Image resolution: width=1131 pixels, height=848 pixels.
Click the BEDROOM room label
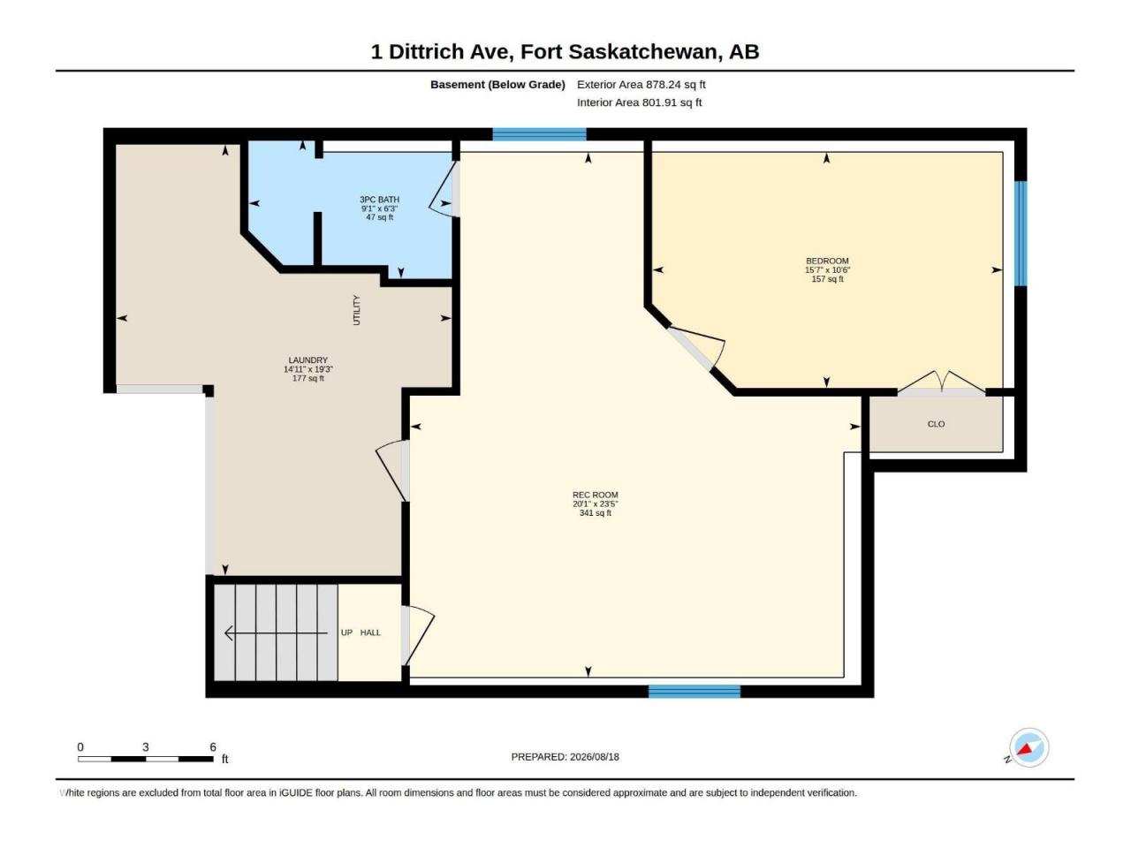(x=826, y=261)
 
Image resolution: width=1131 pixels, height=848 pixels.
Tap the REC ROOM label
(x=595, y=495)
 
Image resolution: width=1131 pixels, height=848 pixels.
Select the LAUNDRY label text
(x=307, y=360)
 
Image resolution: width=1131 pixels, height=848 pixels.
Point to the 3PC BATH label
(x=379, y=200)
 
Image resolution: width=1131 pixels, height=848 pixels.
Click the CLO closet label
(x=936, y=424)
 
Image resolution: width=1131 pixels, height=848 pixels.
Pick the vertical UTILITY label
(x=356, y=310)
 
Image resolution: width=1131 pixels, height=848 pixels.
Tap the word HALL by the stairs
(x=370, y=632)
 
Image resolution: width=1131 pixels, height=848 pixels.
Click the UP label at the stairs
(x=346, y=632)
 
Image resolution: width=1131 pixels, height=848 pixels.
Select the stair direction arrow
(x=276, y=632)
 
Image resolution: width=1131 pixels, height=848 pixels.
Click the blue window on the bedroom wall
(x=1021, y=233)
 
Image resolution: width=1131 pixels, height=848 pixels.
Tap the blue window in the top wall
(x=539, y=134)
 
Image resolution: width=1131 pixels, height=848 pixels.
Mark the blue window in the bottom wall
(x=694, y=692)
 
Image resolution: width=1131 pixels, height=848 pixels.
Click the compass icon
(x=1029, y=747)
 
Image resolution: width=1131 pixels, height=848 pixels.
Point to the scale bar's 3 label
(x=146, y=747)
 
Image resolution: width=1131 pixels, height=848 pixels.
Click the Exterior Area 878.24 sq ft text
(x=641, y=85)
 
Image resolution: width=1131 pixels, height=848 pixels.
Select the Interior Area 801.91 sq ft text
(x=639, y=102)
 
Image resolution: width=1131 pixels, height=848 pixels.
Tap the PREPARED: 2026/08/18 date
(x=565, y=757)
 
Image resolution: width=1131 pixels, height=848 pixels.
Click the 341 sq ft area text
(x=595, y=513)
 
